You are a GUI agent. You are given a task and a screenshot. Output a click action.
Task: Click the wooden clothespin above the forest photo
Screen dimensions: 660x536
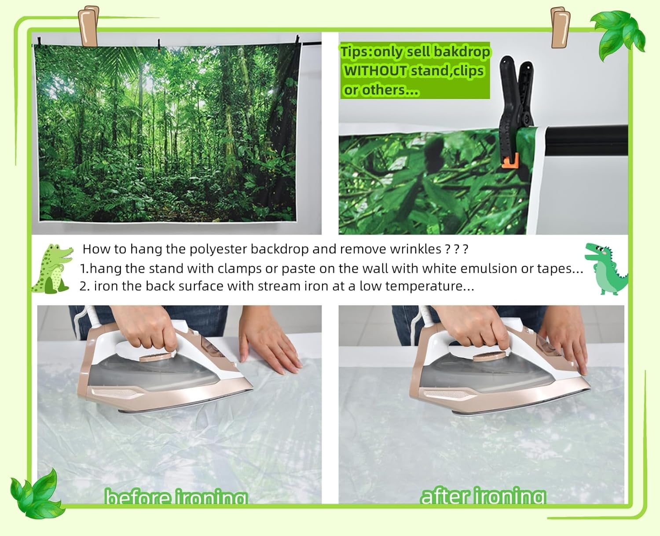tap(88, 26)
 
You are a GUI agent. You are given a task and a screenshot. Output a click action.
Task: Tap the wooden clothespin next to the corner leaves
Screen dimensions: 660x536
tap(560, 27)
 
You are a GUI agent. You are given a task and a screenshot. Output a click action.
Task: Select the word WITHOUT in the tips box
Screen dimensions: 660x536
tap(375, 71)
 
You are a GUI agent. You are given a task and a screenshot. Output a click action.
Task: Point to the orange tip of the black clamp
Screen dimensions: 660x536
tap(510, 161)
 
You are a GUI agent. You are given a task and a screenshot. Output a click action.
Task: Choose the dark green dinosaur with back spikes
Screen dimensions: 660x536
tap(605, 268)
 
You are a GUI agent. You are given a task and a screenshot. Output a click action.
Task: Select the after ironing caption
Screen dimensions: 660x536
tap(483, 496)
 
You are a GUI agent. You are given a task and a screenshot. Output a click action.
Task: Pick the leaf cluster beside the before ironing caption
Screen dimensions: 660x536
tap(37, 494)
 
